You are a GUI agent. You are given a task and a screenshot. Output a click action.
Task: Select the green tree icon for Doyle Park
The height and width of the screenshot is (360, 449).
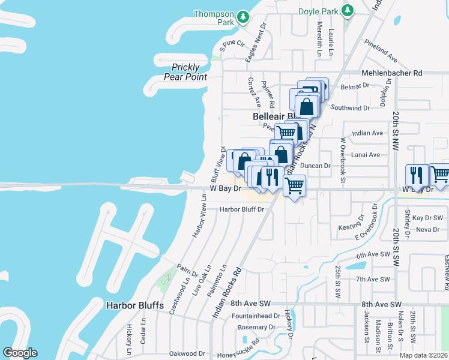347,10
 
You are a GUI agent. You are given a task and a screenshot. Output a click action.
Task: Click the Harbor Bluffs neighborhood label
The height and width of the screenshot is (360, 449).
135,305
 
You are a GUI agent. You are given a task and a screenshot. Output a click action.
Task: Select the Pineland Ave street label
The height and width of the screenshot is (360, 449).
381,52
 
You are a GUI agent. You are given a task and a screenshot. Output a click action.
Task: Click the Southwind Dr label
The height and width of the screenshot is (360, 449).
350,108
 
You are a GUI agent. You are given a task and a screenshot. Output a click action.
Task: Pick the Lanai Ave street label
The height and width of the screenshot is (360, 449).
366,154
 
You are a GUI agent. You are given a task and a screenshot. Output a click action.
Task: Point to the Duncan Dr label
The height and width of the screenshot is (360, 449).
316,165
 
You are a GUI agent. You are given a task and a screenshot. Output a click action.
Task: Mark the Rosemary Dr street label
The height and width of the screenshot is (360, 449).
255,327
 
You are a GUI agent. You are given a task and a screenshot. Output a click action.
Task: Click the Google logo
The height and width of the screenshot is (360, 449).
20,353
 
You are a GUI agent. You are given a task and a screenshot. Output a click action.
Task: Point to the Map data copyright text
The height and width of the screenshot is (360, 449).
424,355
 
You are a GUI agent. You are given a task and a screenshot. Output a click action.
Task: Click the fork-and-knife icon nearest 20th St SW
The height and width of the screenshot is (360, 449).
416,175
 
